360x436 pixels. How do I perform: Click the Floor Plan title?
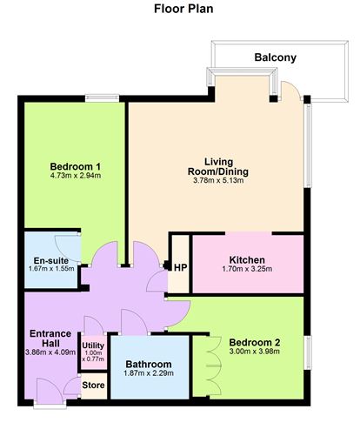coord(180,11)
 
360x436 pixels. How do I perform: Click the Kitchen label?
coord(247,260)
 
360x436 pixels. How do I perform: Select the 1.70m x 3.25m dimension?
coord(247,270)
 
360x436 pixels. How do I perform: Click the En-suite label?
coord(51,260)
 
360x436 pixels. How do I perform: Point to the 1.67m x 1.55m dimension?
coord(51,270)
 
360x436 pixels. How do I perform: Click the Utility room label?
coord(93,345)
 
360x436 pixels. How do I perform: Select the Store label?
coord(93,385)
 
